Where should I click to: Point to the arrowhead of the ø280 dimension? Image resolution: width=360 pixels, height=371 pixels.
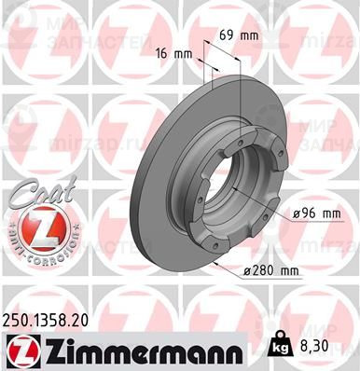[220, 263]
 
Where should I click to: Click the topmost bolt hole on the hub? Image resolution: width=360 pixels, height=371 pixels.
[241, 132]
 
